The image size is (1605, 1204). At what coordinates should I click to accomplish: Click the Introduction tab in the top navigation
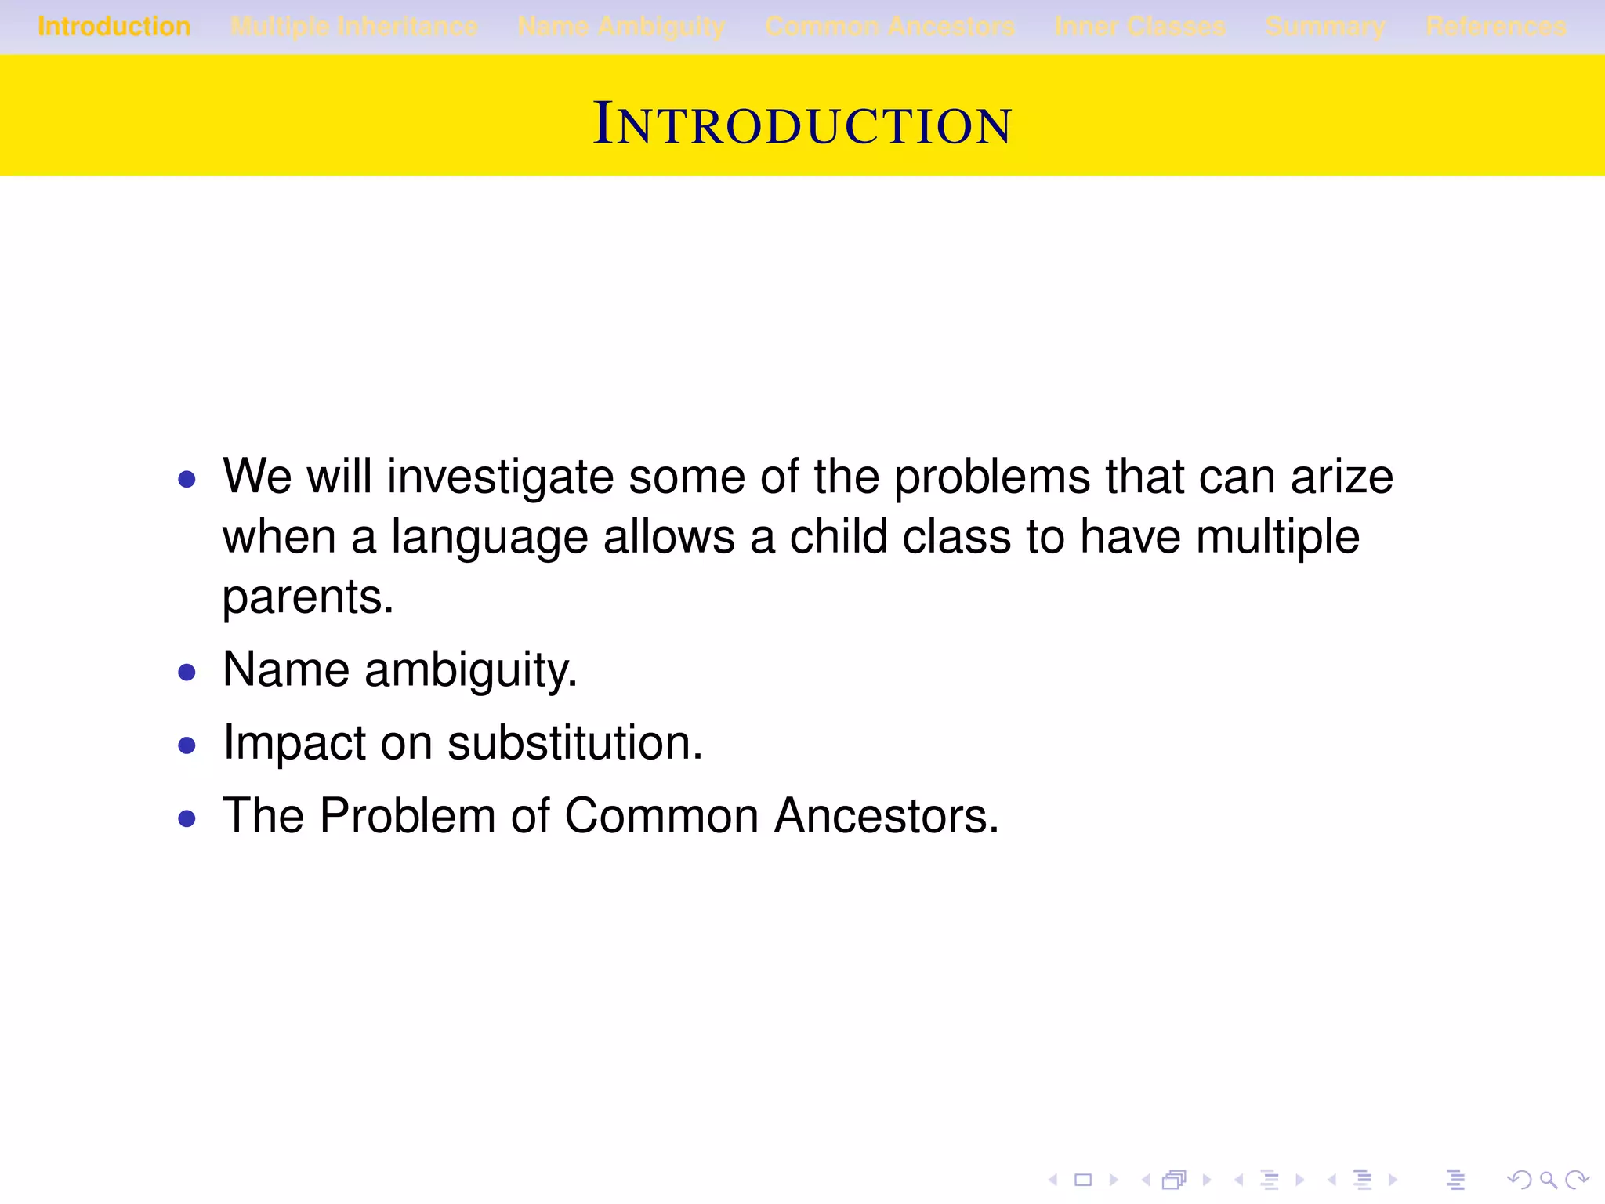pyautogui.click(x=114, y=27)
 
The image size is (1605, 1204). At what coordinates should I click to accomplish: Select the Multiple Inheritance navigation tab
pyautogui.click(x=354, y=27)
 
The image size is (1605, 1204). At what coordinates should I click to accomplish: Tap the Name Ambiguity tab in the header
pyautogui.click(x=621, y=27)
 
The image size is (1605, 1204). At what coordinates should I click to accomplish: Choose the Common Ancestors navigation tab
pyautogui.click(x=890, y=27)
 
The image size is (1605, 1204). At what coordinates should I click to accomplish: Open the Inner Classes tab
pyautogui.click(x=1140, y=27)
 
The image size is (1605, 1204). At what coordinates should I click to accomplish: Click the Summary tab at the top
pyautogui.click(x=1325, y=27)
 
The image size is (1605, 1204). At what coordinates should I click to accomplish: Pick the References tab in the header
pyautogui.click(x=1496, y=27)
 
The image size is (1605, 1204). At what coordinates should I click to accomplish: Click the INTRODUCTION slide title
pyautogui.click(x=802, y=124)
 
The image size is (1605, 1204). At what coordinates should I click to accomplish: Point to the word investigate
pyautogui.click(x=500, y=477)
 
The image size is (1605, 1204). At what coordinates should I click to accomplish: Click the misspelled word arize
pyautogui.click(x=1342, y=477)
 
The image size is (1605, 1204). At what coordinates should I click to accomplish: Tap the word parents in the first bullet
pyautogui.click(x=307, y=597)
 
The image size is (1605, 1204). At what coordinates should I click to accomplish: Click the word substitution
pyautogui.click(x=574, y=743)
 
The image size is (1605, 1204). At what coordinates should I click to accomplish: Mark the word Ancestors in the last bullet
pyautogui.click(x=886, y=816)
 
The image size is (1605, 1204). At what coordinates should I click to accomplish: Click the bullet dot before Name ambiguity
pyautogui.click(x=187, y=673)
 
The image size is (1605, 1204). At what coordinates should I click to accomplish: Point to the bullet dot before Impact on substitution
pyautogui.click(x=187, y=745)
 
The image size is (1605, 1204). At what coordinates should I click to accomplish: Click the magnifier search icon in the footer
pyautogui.click(x=1548, y=1180)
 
